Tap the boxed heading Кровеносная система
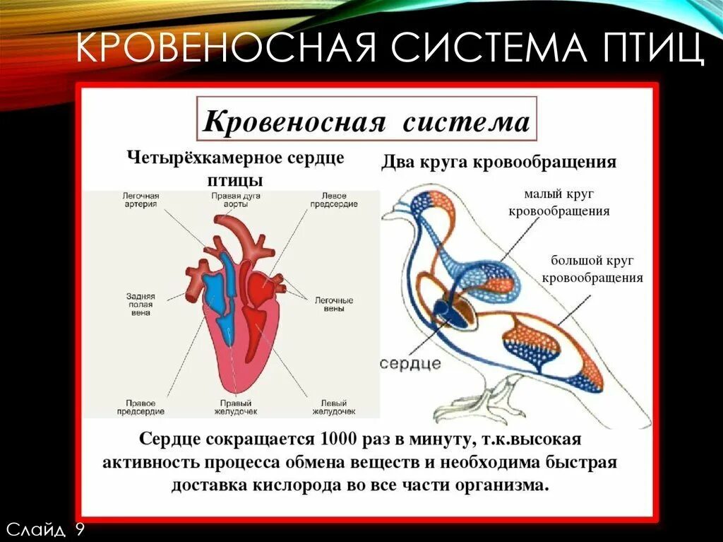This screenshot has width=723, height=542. tap(366, 122)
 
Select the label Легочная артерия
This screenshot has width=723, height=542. tap(141, 199)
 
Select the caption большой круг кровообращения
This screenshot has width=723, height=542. tap(592, 269)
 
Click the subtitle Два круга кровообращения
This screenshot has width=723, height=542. tap(499, 163)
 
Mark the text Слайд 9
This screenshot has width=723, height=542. tap(45, 529)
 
